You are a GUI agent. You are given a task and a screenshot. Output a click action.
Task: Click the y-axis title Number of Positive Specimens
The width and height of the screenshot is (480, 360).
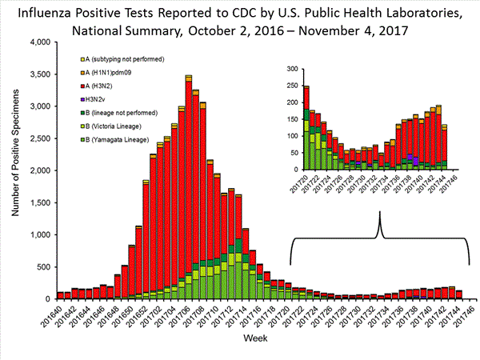(14, 170)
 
